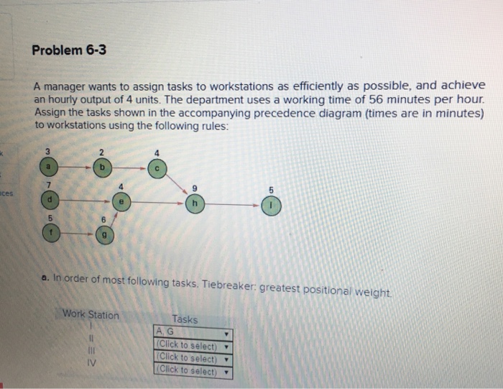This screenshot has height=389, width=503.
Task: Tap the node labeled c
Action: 157,168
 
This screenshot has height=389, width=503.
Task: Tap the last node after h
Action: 272,205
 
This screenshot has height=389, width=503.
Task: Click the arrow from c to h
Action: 176,186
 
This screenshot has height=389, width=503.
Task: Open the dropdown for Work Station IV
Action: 193,371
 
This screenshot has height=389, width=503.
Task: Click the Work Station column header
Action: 91,314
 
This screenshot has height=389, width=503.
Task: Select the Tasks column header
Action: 185,319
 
